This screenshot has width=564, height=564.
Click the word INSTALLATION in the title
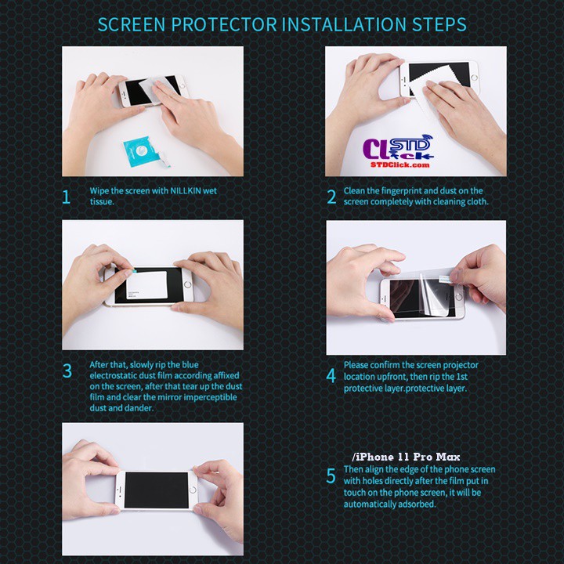(x=344, y=24)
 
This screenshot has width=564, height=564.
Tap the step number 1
(x=66, y=197)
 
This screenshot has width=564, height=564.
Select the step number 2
(x=331, y=197)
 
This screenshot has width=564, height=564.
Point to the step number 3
(x=67, y=371)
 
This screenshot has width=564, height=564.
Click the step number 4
(x=331, y=376)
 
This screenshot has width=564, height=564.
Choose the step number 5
(x=331, y=476)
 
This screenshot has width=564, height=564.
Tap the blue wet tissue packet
(x=141, y=151)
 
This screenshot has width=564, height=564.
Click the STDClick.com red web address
(x=400, y=165)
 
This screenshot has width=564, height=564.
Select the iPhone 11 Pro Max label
(x=406, y=457)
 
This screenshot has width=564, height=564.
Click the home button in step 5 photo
(x=193, y=490)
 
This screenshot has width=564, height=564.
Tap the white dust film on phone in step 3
(x=146, y=285)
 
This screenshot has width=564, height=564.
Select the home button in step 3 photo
(x=187, y=285)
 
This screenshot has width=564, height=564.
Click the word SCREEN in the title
(x=132, y=24)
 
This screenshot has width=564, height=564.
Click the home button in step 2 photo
(x=474, y=78)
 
